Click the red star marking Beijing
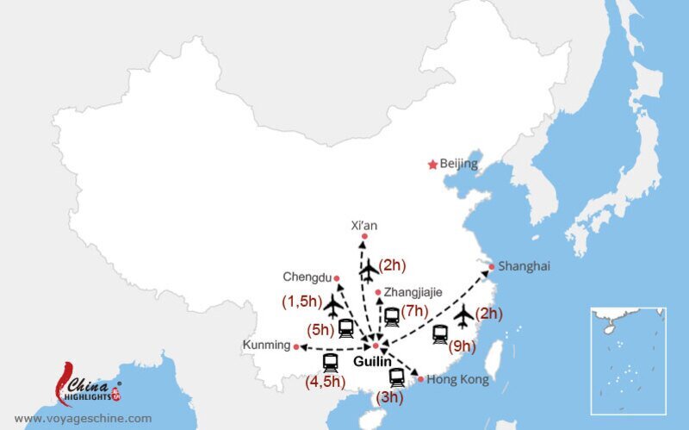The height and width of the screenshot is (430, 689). (432, 164)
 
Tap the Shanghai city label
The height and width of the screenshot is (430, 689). (524, 266)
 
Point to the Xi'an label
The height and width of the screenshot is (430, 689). (364, 225)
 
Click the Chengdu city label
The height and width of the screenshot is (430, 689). (307, 277)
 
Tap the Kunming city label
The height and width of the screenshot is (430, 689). (266, 345)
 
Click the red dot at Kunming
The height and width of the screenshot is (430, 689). (296, 346)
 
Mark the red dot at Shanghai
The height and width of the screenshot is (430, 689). (492, 266)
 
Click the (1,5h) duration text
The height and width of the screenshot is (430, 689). (301, 302)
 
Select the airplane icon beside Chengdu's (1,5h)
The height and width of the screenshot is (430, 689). (332, 306)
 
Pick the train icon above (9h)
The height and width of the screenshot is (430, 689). (440, 333)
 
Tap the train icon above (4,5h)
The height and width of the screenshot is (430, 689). (330, 364)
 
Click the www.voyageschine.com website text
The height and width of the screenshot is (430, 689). (83, 418)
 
